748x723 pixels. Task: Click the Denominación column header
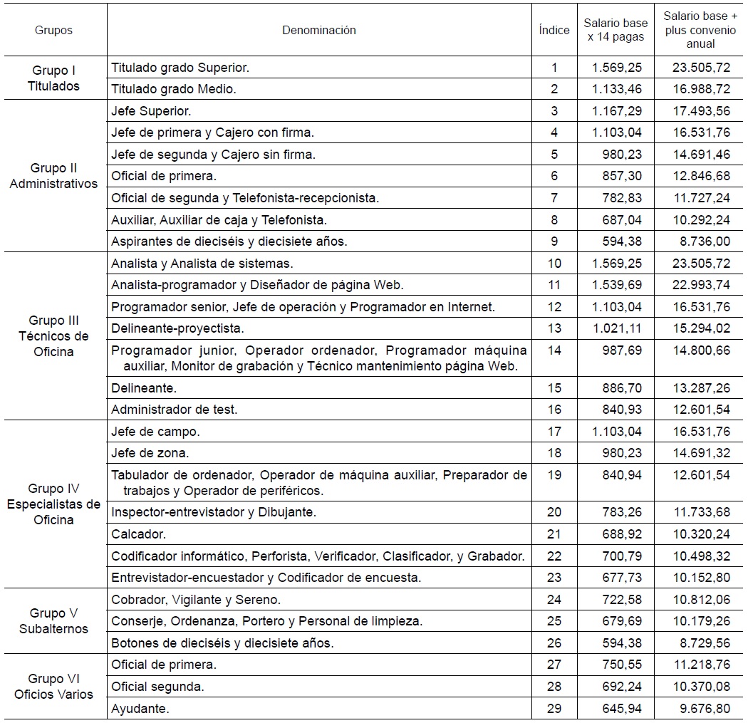(318, 30)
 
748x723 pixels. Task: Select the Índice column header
(554, 30)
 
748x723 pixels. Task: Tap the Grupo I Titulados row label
(54, 78)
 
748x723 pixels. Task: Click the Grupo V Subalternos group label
(54, 621)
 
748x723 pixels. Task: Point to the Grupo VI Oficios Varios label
(54, 687)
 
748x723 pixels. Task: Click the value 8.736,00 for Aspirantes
(700, 241)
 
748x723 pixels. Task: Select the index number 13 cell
(554, 328)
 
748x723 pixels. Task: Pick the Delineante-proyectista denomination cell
(178, 328)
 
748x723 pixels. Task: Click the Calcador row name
(138, 534)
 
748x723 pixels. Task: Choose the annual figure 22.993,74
(700, 285)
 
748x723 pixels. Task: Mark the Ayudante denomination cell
(140, 709)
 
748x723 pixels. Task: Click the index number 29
(554, 709)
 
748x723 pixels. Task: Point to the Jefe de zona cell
(150, 453)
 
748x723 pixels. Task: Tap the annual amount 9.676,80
(700, 709)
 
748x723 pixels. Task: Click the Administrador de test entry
(175, 410)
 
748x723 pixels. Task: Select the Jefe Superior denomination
(151, 111)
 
